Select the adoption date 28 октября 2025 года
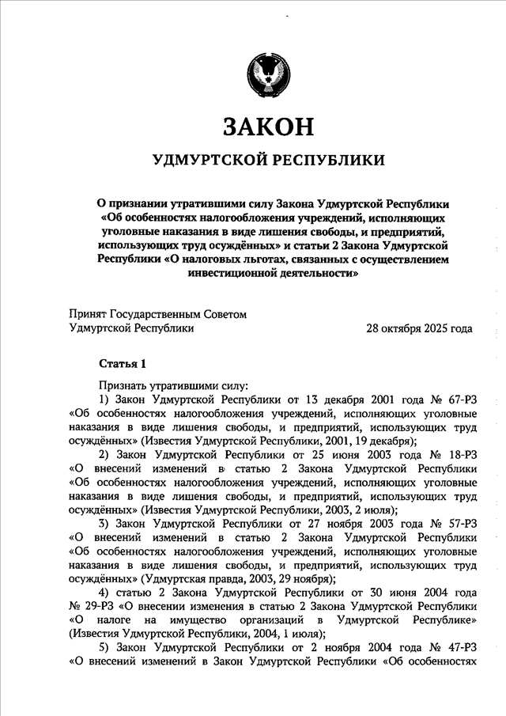point(419,328)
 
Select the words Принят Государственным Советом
point(158,314)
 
